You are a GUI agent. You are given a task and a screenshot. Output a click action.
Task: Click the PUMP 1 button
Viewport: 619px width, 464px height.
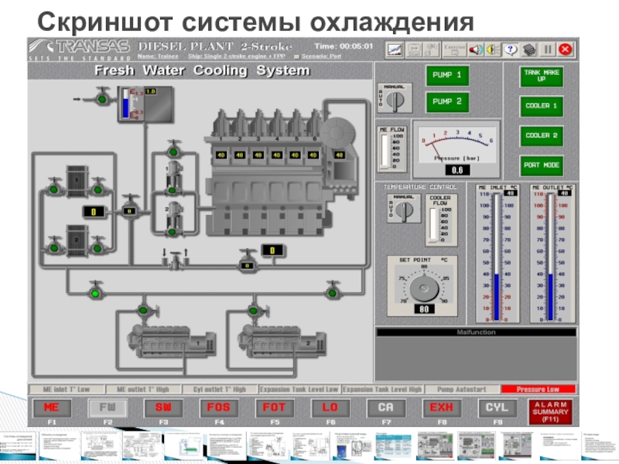[x=447, y=76]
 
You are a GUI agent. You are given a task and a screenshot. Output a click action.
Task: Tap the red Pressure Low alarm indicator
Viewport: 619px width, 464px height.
[x=539, y=390]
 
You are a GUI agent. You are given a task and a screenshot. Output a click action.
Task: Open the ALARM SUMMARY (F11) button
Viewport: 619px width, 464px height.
[x=552, y=411]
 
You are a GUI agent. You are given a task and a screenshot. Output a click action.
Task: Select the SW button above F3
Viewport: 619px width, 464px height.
[x=162, y=408]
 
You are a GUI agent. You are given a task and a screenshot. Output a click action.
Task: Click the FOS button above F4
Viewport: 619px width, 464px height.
[x=218, y=408]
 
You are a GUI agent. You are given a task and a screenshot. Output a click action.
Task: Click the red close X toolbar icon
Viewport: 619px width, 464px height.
[x=566, y=49]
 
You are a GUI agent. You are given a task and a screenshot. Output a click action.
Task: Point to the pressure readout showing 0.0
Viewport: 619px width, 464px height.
[x=457, y=169]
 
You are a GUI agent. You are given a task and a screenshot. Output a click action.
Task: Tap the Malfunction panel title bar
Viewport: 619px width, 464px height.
[x=476, y=333]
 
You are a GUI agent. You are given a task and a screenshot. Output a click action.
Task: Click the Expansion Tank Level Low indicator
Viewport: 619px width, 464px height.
[x=299, y=390]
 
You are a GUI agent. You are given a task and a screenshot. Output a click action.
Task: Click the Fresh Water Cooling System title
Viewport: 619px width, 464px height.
[x=202, y=70]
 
